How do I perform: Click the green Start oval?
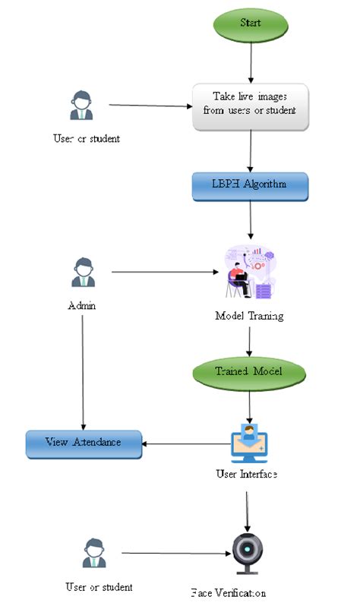[x=250, y=24]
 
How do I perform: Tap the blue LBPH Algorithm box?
[x=250, y=186]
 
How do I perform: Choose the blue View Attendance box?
[x=84, y=443]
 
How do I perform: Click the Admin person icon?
[x=82, y=272]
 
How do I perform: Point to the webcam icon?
[x=247, y=554]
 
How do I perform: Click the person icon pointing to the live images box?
[x=81, y=106]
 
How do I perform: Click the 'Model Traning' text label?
[x=249, y=316]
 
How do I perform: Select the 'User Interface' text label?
[x=246, y=475]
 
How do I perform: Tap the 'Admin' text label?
[x=81, y=306]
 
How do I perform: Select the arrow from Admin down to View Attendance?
[x=82, y=372]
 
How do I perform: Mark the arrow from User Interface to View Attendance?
[x=186, y=444]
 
